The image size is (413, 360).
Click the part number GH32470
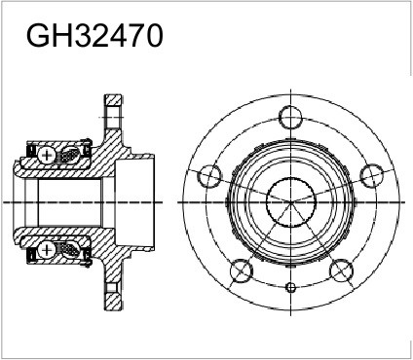pos(94,36)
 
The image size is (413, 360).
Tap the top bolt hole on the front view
pos(290,118)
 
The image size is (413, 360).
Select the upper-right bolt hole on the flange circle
pos(369,175)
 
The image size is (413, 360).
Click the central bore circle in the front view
pos(290,201)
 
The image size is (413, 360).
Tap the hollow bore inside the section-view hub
pos(68,201)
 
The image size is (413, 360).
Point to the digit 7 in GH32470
pos(132,36)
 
